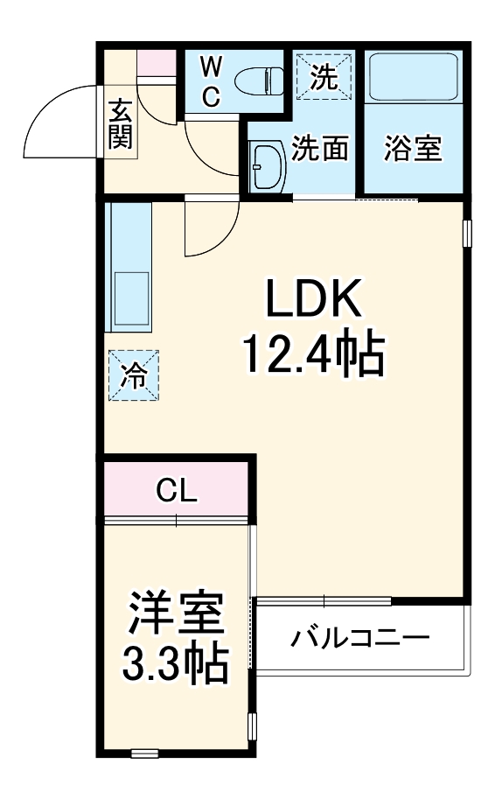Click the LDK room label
point(313,301)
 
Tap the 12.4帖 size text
point(313,354)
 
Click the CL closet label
point(177,490)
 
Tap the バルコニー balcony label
point(360,636)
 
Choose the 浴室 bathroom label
point(413,149)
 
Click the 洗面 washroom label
point(320,149)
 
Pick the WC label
point(212,81)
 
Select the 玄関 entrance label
point(121,124)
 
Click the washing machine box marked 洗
point(324,77)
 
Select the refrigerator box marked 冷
point(134,375)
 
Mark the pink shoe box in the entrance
point(157,63)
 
